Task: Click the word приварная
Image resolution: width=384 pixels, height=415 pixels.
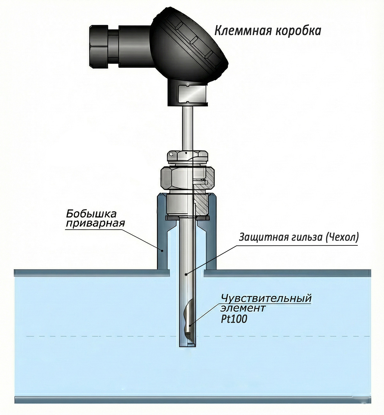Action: tap(95, 223)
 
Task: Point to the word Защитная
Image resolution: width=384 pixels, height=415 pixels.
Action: tap(259, 238)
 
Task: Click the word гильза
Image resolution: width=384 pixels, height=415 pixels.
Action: tap(302, 238)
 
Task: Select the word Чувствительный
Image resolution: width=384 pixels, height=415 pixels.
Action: tap(266, 299)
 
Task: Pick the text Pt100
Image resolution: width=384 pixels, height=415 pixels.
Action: tap(234, 319)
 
